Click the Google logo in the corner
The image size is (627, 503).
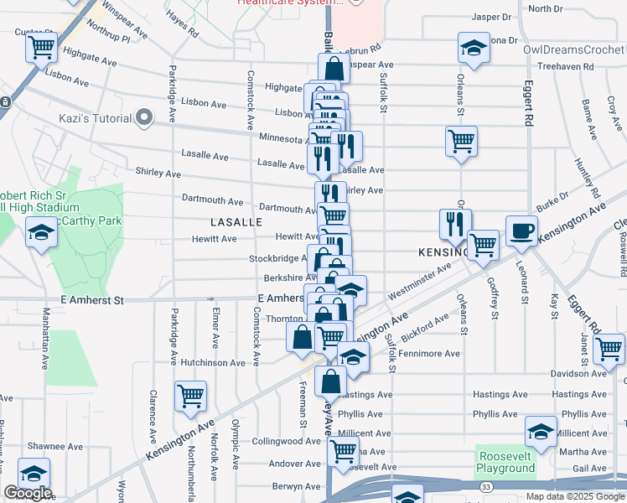(x=28, y=493)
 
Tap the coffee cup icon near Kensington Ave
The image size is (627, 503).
(x=521, y=231)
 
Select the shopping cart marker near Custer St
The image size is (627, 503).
(x=41, y=49)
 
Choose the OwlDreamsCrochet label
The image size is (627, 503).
(x=574, y=49)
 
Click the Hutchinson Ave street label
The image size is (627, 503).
(x=213, y=363)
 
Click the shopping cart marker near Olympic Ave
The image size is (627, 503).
(x=191, y=397)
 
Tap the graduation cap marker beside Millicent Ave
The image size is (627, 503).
(x=541, y=433)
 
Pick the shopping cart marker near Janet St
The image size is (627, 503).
(x=609, y=349)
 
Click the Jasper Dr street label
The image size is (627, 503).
(x=491, y=17)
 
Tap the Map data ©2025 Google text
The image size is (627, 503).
(x=573, y=496)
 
